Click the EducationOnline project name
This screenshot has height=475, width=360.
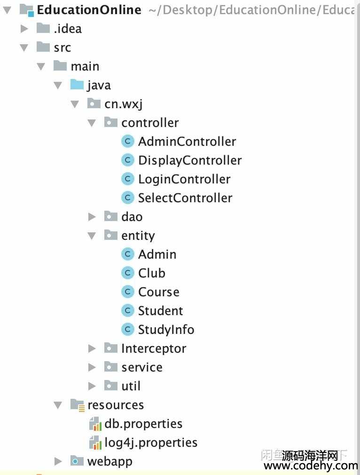88,10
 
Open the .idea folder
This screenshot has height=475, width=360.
67,29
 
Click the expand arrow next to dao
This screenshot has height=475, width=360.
92,217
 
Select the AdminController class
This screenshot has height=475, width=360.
187,142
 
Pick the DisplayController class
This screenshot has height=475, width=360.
189,160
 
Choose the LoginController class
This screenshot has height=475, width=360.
184,179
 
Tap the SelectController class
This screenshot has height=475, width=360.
185,198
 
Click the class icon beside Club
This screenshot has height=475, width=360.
128,273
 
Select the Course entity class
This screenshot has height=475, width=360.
158,292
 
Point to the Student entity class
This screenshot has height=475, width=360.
160,311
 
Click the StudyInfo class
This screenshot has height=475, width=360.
165,330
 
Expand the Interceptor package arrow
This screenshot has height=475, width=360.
92,348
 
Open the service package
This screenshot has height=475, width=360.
141,367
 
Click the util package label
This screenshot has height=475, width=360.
131,386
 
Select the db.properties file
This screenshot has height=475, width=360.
143,424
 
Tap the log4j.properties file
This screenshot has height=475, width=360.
150,443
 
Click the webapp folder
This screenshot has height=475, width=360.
110,461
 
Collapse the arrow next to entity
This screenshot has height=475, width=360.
92,236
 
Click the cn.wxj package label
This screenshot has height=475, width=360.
123,104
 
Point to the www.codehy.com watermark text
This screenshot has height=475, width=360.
310,466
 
